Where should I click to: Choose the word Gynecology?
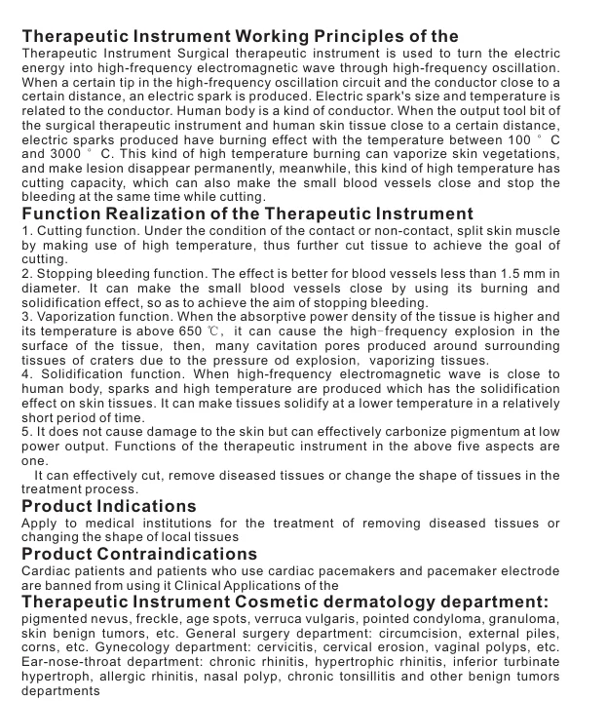point(162,646)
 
